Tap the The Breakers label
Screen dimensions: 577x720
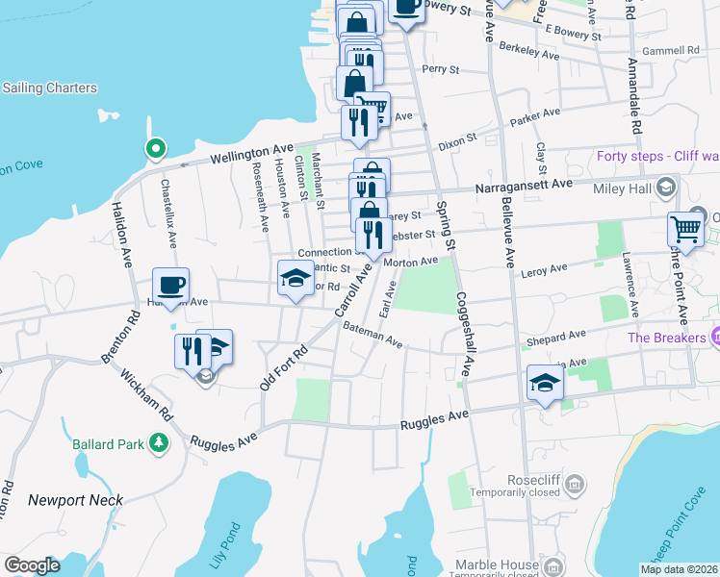[x=667, y=338]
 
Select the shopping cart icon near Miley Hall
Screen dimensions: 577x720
[x=684, y=229]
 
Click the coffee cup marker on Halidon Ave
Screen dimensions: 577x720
[x=170, y=285]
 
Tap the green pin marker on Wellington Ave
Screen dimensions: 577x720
[x=154, y=149]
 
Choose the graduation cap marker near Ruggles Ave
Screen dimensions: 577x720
[x=545, y=384]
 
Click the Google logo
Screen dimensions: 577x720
[x=32, y=564]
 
